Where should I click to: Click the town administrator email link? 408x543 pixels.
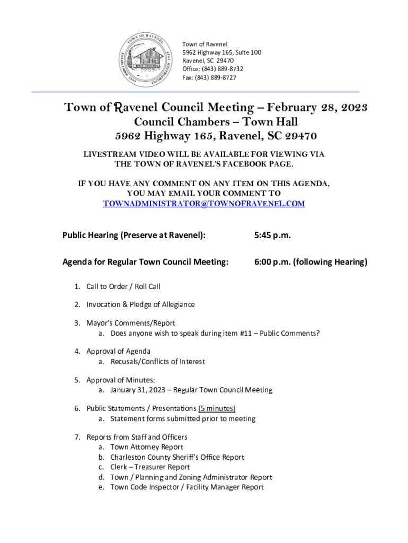point(203,204)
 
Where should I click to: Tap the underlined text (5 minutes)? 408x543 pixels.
point(217,408)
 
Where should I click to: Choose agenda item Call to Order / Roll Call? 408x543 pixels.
point(123,287)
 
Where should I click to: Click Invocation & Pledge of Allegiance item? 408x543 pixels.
point(140,304)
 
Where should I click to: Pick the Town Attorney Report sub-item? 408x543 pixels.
point(146,447)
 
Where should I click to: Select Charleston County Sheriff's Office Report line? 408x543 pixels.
point(177,457)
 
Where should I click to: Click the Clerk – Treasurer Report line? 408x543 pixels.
point(150,467)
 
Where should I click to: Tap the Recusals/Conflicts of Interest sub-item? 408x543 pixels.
point(157,362)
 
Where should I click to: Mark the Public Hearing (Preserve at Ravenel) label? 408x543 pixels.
point(134,235)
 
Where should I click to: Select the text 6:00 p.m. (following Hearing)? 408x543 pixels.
point(303,262)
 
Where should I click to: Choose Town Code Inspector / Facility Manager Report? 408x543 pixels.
point(187,487)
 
